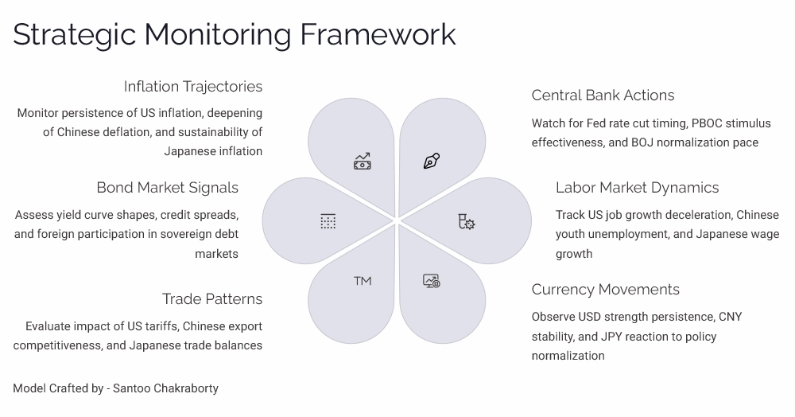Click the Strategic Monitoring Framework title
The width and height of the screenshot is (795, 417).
click(235, 34)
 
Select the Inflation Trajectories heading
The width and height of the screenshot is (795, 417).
click(192, 86)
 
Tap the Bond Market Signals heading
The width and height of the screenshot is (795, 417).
click(167, 188)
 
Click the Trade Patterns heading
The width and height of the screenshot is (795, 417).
click(211, 299)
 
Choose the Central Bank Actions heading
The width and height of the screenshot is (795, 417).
click(603, 95)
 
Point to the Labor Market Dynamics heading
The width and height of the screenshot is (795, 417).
click(637, 188)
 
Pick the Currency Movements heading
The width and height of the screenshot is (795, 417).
click(605, 290)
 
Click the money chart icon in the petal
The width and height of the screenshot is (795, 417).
click(363, 162)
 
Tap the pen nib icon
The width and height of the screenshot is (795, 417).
click(431, 162)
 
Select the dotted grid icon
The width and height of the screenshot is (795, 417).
click(328, 221)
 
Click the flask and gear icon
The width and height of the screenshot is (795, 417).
click(466, 221)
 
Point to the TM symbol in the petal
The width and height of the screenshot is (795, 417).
click(363, 281)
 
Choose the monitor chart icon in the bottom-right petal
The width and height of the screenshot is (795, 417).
click(431, 281)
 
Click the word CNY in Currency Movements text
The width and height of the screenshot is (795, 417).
click(730, 317)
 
